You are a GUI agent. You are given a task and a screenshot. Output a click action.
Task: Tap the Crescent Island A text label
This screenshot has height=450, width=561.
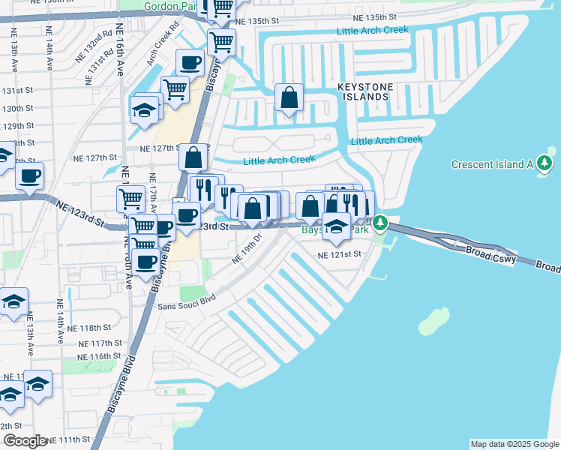492,164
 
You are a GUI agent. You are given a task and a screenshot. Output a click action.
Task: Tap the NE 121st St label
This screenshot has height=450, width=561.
339,255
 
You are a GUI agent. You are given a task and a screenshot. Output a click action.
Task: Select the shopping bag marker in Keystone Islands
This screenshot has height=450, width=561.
289,98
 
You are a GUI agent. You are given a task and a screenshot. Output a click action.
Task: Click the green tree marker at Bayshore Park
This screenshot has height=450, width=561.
380,223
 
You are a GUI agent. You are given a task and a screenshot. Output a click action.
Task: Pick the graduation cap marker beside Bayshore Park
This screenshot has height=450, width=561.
337,226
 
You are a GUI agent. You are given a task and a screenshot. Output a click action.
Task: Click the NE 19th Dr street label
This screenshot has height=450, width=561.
247,250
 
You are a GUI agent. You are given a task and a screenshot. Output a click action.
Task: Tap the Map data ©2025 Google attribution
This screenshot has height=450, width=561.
514,444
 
